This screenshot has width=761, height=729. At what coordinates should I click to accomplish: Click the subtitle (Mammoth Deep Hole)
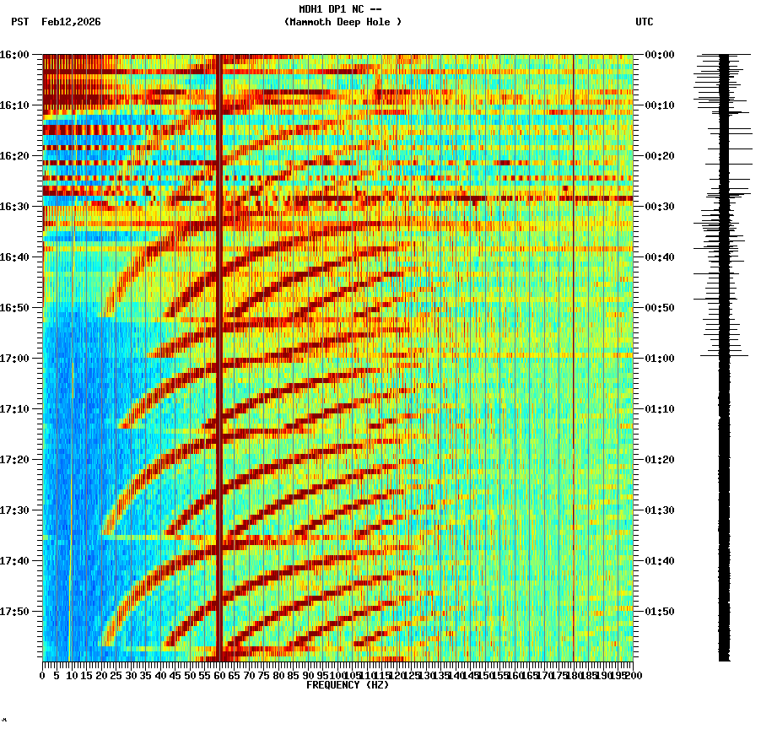coord(343,22)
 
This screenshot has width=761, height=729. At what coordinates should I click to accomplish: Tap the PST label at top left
coord(19,22)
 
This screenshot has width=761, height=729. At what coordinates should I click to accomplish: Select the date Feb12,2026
coord(71,22)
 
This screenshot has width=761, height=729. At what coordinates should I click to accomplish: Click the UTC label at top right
coord(644,22)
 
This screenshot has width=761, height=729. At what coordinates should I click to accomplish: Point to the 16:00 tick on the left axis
coord(15,55)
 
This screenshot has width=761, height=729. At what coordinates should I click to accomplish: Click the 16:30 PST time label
coord(15,207)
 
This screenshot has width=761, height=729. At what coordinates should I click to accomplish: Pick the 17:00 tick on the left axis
coord(15,359)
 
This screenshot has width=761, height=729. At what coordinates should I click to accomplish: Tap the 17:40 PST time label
coord(15,561)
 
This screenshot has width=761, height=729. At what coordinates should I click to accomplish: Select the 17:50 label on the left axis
coord(15,612)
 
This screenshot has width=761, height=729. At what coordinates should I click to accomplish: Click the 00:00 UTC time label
coord(659,55)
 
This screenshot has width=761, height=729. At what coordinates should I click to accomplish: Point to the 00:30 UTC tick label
coord(659,207)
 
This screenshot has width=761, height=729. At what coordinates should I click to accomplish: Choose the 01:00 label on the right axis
coord(659,359)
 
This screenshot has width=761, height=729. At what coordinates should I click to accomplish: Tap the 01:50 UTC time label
coord(659,612)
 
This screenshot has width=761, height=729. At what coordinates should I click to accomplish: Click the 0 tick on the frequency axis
coord(43,676)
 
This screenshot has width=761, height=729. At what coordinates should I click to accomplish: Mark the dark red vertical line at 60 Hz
coord(219,354)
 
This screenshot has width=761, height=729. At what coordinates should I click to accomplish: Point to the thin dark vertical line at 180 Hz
coord(574,354)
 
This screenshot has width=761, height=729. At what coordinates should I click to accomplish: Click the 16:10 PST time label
coord(15,105)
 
